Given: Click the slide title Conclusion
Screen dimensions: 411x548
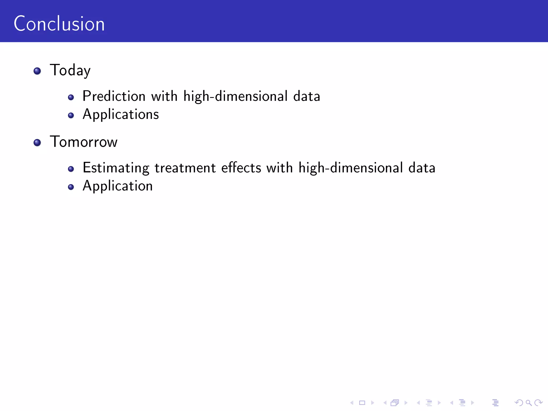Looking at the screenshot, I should tap(59, 24).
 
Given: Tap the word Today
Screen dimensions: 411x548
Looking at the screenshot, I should tap(70, 70).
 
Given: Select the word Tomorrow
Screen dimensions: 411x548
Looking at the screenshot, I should tap(83, 142).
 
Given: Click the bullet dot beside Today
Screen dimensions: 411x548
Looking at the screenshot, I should tap(37, 71).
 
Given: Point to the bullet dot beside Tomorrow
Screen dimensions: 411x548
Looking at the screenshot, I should tap(37, 143).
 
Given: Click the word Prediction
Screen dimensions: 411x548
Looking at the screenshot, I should tap(114, 96).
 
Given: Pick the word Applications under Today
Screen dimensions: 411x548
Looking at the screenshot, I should tap(121, 115).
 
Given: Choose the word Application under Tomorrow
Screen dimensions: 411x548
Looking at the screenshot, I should tap(117, 186).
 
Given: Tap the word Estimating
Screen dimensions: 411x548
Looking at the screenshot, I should tap(116, 168).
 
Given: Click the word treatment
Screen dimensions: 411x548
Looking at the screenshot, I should tap(185, 168).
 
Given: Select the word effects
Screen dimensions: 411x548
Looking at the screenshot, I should tap(241, 168).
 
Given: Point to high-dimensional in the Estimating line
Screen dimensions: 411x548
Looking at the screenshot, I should tap(351, 168).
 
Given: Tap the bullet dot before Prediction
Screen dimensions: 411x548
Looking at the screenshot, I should tap(71, 97).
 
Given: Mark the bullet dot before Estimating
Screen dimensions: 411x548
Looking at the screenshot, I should tap(71, 169).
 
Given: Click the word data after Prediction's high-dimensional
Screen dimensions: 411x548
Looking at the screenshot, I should tap(307, 96).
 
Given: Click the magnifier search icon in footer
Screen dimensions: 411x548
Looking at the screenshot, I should tap(528, 403).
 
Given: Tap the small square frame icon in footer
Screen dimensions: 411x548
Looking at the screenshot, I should tap(362, 403).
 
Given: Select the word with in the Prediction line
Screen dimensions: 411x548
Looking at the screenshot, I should tap(164, 96).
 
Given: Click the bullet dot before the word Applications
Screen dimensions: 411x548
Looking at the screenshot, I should tap(71, 115).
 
